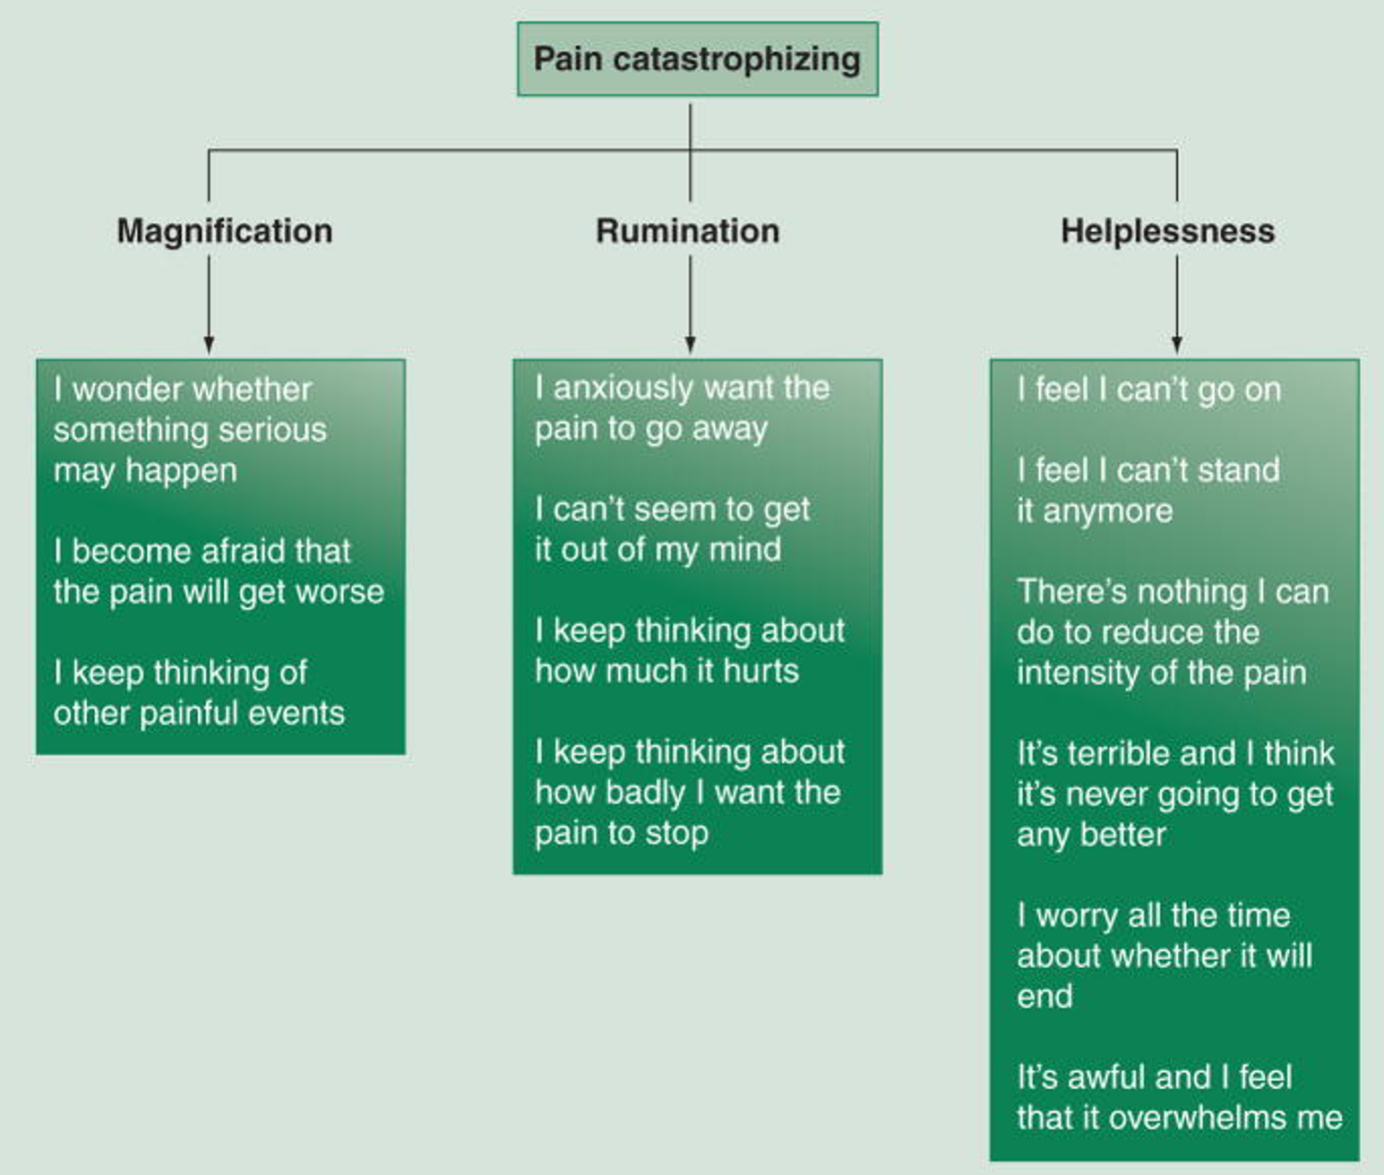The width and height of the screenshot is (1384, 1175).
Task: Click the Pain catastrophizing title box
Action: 697,59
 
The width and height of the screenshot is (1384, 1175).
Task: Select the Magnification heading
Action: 225,231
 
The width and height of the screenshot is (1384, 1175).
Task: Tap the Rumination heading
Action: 688,231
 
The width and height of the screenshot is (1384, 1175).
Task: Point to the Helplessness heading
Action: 1167,231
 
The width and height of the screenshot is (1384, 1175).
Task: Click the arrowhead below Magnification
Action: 209,345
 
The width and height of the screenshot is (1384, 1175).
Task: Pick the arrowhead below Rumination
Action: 690,345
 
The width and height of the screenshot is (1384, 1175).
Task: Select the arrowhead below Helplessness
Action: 1176,345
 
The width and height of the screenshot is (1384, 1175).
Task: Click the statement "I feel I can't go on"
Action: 1149,390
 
